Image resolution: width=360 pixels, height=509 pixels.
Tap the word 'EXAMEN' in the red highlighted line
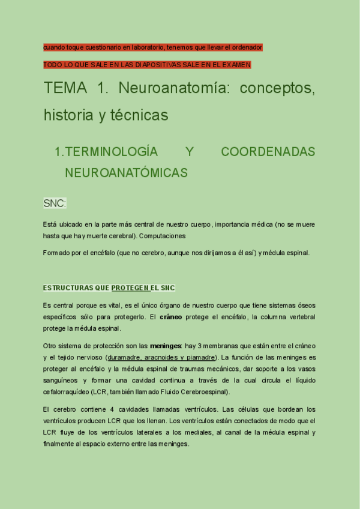click(236, 64)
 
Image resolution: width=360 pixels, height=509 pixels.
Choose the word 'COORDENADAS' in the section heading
click(268, 152)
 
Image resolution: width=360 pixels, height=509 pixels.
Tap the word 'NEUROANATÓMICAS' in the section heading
click(126, 173)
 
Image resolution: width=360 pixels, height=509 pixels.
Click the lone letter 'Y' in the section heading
click(190, 152)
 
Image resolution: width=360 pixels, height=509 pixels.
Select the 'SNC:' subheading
click(55, 203)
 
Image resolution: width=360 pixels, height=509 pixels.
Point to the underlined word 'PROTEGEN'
click(130, 288)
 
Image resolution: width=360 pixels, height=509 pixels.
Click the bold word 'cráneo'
click(171, 317)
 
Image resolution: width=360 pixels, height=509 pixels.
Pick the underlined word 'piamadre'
click(198, 357)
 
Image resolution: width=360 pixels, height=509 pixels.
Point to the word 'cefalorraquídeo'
click(68, 392)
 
